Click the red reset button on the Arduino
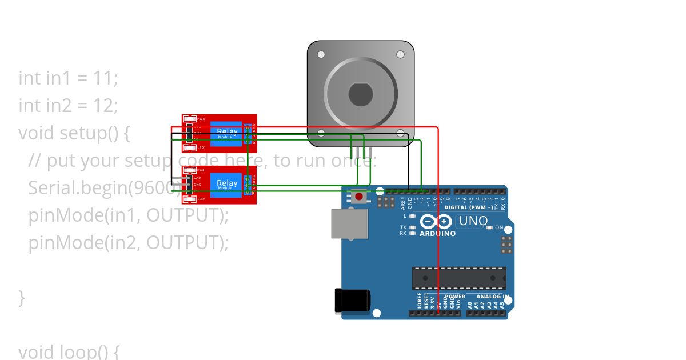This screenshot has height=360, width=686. [x=359, y=197]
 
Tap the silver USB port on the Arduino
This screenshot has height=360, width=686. [x=349, y=223]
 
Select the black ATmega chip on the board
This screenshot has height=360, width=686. [x=459, y=278]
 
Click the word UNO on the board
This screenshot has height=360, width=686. [x=473, y=221]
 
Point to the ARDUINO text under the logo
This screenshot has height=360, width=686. [x=438, y=234]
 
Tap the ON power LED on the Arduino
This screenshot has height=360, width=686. [x=489, y=227]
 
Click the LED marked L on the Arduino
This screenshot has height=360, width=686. [x=412, y=216]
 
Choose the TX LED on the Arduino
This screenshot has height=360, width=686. [x=412, y=227]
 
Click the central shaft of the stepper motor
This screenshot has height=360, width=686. [x=360, y=94]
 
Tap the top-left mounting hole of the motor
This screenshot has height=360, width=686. [x=321, y=54]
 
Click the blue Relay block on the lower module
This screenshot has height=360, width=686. [x=227, y=184]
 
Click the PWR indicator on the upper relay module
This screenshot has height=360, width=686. [x=189, y=119]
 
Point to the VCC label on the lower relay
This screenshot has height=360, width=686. [x=197, y=178]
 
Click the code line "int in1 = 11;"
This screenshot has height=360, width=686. [x=69, y=78]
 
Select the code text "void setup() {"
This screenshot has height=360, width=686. [x=74, y=133]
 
